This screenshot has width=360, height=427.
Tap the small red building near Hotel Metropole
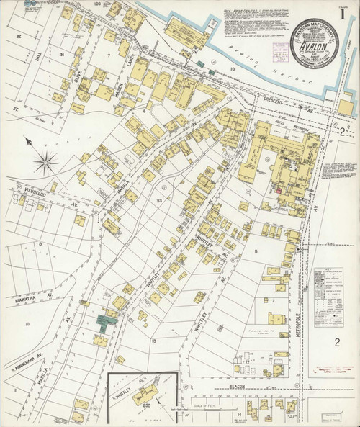(x=279, y=189)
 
